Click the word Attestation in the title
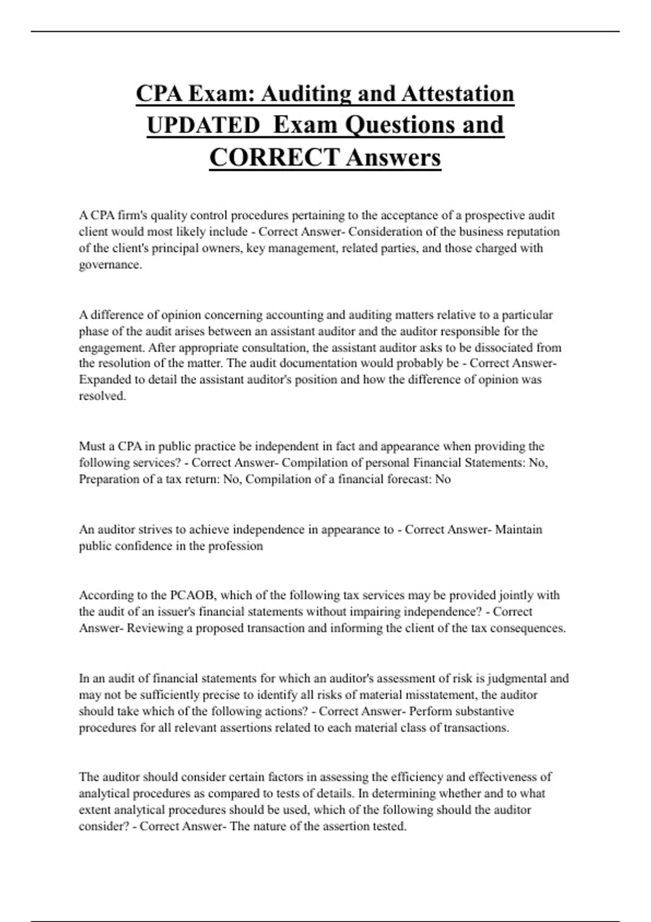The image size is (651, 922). pos(457,93)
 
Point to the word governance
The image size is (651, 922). pos(110,265)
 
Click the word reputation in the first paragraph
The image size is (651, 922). pos(533,232)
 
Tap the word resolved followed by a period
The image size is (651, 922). pos(102,396)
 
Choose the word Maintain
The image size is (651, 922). pos(519,529)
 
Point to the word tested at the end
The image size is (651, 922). pos(388,827)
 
